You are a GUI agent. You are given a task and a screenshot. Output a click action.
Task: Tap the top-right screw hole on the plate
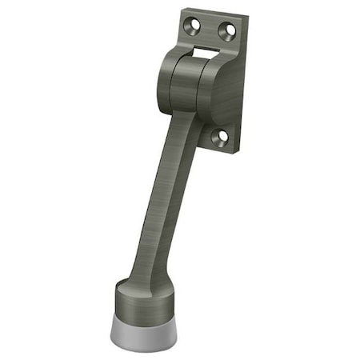[227, 31]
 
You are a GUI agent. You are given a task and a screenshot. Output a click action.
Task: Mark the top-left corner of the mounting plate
[182, 10]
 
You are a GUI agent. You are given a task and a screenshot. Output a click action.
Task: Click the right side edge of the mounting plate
[238, 88]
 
